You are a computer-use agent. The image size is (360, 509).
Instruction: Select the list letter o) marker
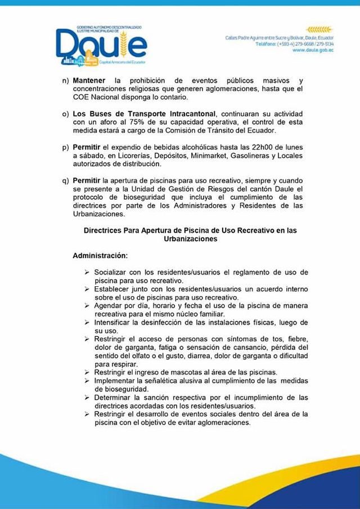(x=65, y=115)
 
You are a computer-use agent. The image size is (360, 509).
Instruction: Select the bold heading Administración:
(x=101, y=255)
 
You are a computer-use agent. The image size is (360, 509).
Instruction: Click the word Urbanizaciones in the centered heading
(x=190, y=238)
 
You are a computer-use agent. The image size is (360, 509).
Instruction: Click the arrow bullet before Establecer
(x=87, y=289)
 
